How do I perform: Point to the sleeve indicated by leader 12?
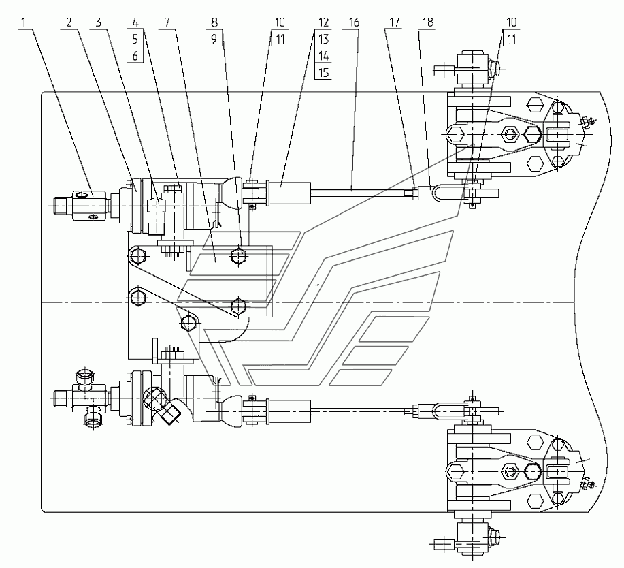pos(291,192)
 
